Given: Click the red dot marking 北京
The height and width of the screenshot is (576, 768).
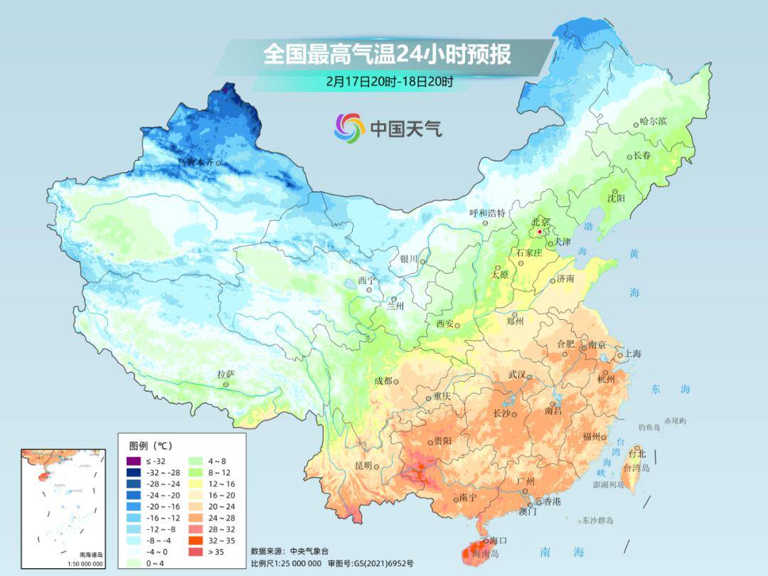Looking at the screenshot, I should (x=540, y=232).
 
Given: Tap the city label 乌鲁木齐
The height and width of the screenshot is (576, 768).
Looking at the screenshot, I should (x=196, y=163).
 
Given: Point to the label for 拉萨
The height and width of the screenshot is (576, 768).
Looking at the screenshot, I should (x=226, y=374).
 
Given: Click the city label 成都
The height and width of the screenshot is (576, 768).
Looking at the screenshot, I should (x=383, y=381).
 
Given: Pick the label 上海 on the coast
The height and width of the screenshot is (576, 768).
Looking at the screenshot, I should (x=632, y=354).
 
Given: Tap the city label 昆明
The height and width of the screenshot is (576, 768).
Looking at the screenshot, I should (x=363, y=466).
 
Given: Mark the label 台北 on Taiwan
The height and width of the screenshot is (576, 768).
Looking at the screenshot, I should (x=636, y=453).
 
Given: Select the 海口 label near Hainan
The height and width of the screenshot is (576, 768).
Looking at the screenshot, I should (x=498, y=541).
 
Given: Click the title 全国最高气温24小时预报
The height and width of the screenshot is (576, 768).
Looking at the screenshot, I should (x=387, y=54).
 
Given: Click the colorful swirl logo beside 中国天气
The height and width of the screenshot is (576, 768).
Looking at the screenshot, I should (x=349, y=127).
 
